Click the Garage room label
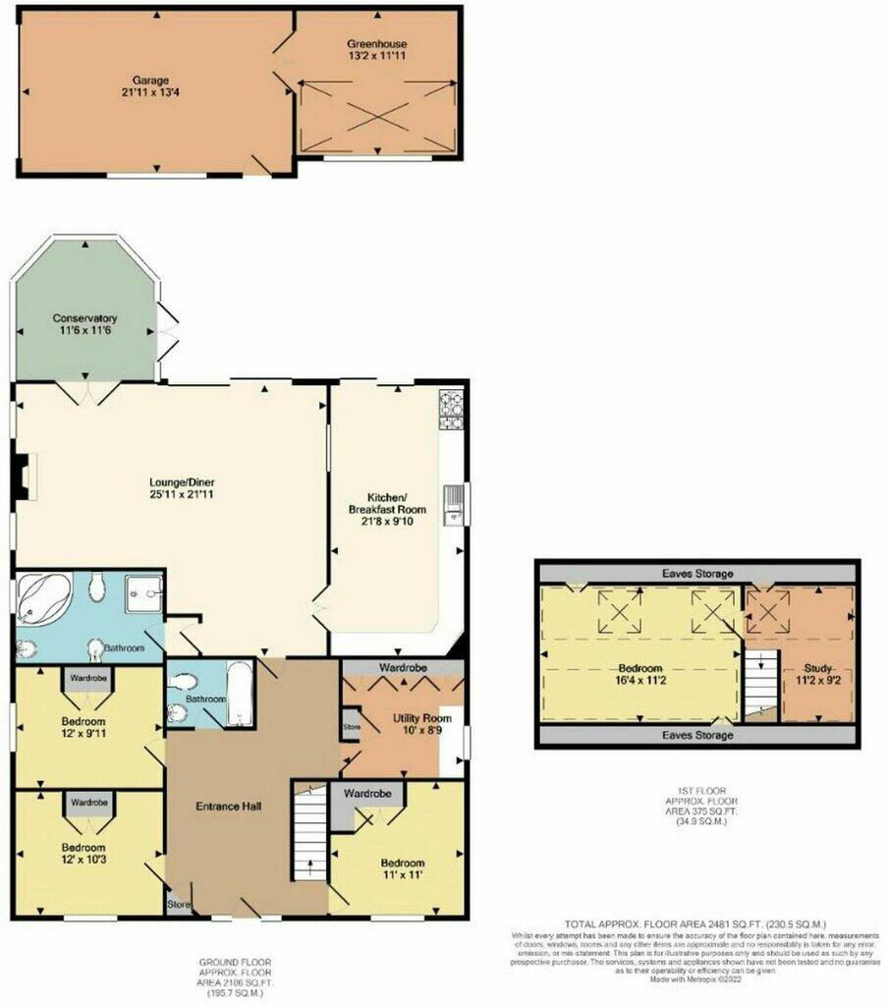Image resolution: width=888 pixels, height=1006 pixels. point(151,79)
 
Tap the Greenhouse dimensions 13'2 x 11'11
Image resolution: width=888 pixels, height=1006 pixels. point(376,58)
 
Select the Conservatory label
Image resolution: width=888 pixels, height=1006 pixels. point(85,318)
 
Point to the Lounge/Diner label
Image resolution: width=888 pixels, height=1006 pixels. point(182,482)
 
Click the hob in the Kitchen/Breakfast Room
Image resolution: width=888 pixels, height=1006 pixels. point(450,411)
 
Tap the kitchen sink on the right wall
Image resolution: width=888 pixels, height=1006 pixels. point(453,505)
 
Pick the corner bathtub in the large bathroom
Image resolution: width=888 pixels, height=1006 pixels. point(42,599)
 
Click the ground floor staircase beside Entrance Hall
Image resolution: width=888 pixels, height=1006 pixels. point(309,835)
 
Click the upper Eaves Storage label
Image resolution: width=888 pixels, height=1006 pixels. point(695,574)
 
